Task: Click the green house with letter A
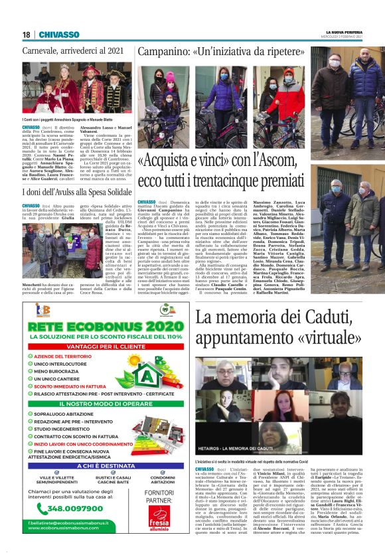(151, 376)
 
